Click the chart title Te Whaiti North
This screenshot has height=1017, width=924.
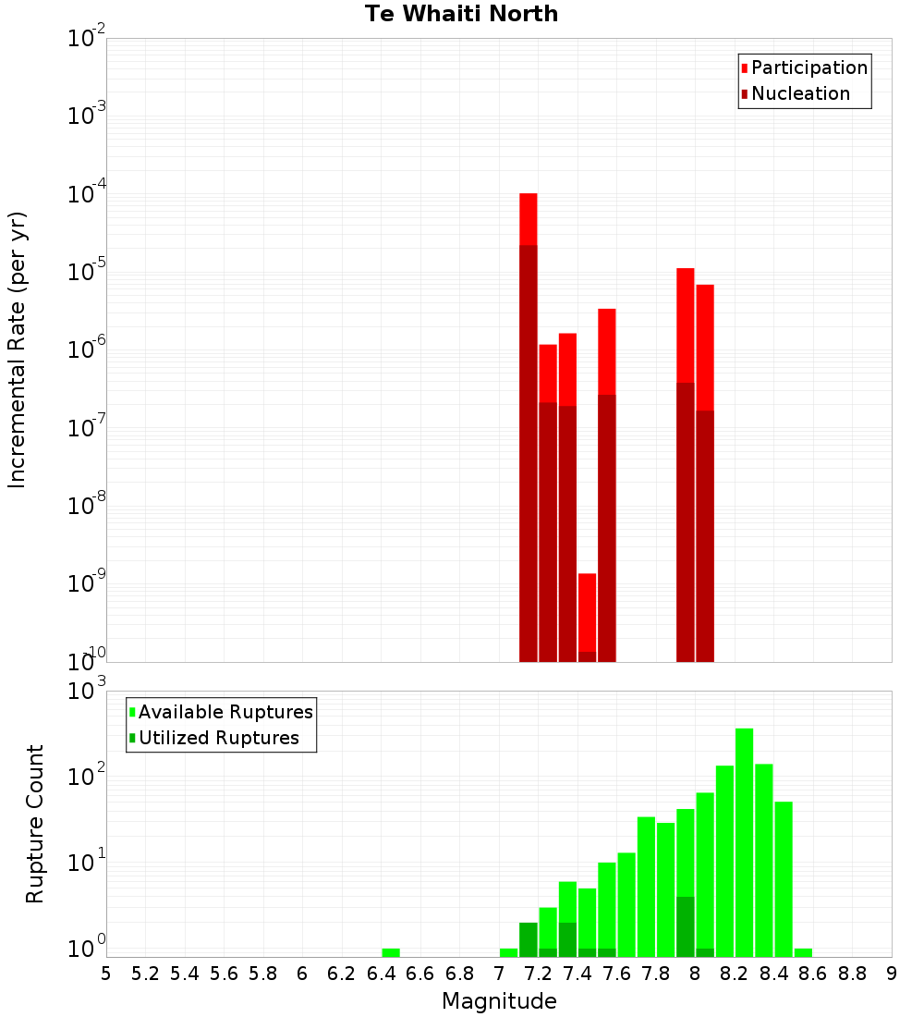[x=461, y=14]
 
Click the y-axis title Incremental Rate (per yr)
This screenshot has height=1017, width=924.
[x=18, y=349]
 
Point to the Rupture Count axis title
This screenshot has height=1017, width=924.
[x=35, y=824]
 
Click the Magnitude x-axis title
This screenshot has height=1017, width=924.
[x=499, y=1001]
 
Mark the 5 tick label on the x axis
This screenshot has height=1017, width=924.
[x=106, y=974]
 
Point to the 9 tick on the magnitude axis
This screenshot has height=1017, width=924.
[x=892, y=974]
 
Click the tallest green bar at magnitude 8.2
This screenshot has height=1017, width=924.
[x=744, y=841]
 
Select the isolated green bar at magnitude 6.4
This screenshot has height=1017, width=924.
[x=391, y=952]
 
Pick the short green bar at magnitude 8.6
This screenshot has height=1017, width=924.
[x=803, y=952]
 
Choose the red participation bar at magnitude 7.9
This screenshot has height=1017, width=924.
[x=686, y=324]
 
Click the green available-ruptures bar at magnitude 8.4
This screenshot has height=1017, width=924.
[x=784, y=878]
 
